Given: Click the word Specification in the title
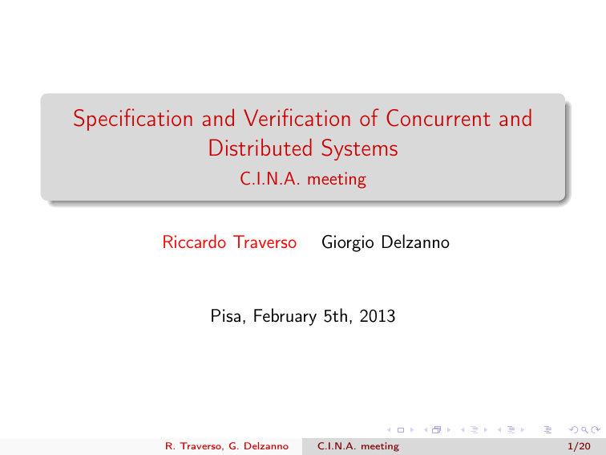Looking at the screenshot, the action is tap(133, 119).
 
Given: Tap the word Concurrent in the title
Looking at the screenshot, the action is tap(438, 118).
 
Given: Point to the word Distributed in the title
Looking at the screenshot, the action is tap(260, 148).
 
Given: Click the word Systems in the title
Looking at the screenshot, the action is tap(359, 149).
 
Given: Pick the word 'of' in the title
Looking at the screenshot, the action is tap(368, 118).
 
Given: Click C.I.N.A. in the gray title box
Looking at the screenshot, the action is tap(270, 179).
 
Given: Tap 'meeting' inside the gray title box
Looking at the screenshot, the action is tap(337, 180).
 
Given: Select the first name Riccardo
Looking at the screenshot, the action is tap(194, 242).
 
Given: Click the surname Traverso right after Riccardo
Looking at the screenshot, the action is tap(265, 242).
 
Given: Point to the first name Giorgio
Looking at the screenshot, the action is tap(347, 243).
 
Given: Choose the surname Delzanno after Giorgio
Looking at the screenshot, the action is tap(415, 242).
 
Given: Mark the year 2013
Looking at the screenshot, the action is tap(378, 316).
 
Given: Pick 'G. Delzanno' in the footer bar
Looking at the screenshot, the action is tap(259, 446).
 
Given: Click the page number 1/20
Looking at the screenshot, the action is tap(579, 446).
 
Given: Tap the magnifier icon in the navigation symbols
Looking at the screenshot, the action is tap(584, 430).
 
